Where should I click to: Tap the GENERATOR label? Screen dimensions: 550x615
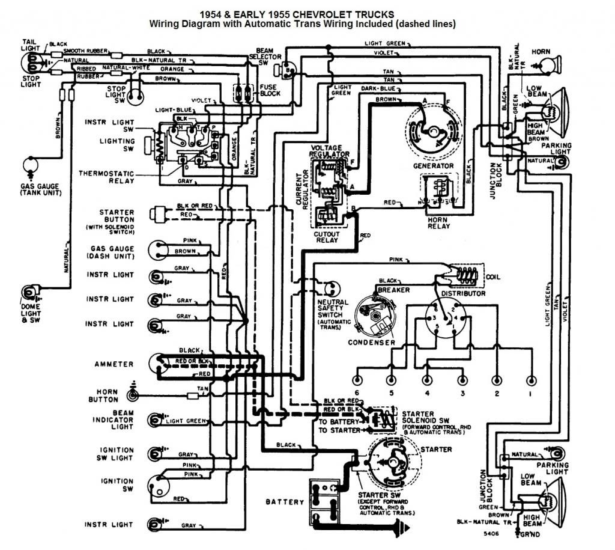432,165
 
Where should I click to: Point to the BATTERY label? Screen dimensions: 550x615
285,501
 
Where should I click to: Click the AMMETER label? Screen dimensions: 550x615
114,364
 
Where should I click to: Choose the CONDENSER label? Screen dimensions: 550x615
372,343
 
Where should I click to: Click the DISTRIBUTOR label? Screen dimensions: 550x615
463,293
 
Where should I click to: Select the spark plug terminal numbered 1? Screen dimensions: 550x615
531,380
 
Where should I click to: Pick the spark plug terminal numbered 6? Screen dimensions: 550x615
357,380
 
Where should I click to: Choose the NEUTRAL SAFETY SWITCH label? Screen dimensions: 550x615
330,307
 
